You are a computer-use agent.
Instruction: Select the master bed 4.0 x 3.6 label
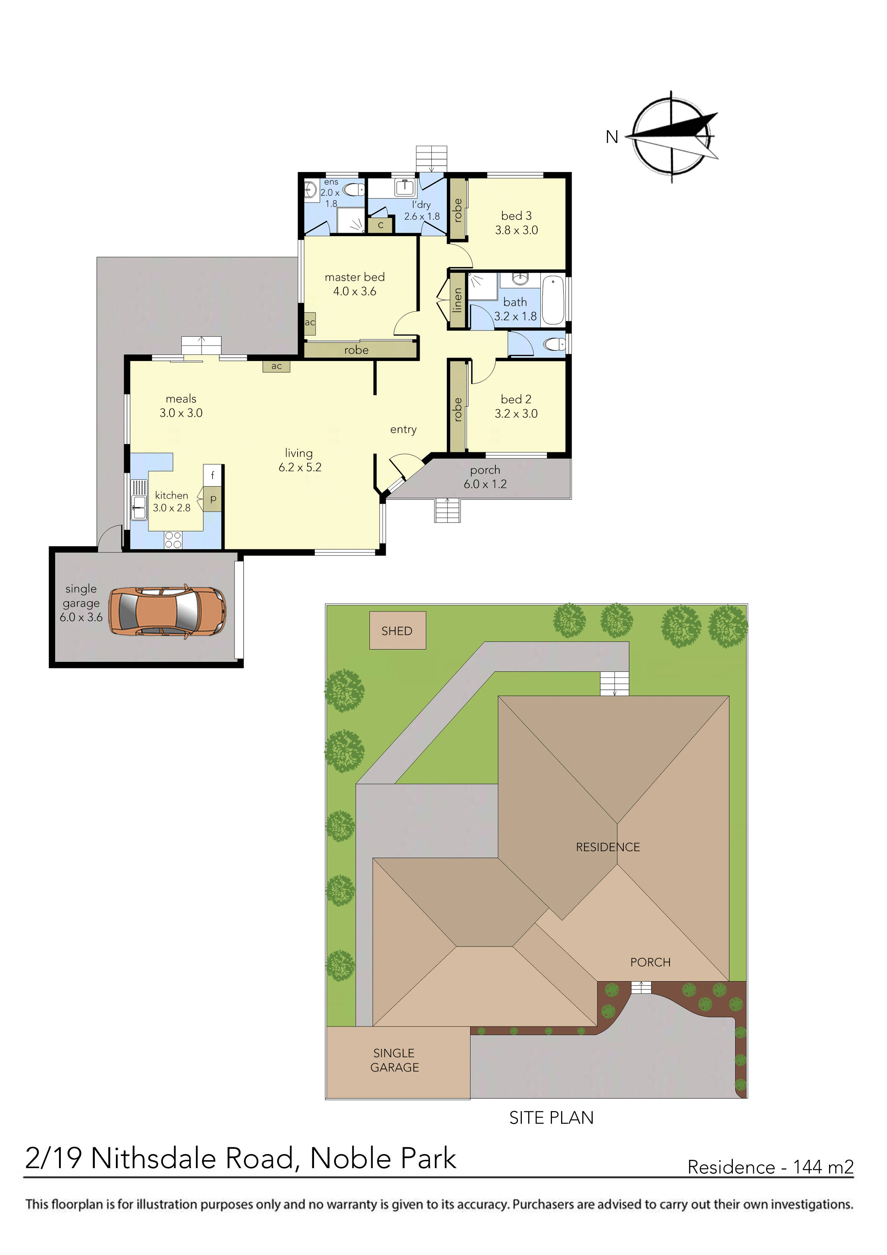point(355,284)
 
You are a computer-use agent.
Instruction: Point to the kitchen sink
point(139,508)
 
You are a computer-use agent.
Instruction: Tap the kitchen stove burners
point(173,540)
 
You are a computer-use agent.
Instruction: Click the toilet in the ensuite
point(355,190)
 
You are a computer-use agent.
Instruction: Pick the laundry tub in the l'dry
point(405,187)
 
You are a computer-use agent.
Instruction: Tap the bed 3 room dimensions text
point(516,230)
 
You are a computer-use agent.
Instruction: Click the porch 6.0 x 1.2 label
point(485,477)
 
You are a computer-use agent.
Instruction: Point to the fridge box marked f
point(212,475)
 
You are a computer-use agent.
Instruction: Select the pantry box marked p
point(213,498)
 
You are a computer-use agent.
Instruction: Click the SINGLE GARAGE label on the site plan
point(395,1060)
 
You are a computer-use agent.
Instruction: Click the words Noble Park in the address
point(383,1158)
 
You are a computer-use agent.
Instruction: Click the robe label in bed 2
point(457,409)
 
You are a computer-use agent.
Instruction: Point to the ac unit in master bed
point(310,322)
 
